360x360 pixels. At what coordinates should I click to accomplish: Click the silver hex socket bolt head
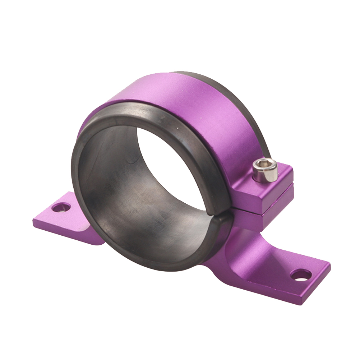[x=265, y=169]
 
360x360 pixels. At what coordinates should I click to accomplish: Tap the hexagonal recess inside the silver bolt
[x=264, y=165]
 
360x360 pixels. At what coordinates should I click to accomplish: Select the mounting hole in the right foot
[x=301, y=275]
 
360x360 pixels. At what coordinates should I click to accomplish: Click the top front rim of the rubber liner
[x=144, y=111]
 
